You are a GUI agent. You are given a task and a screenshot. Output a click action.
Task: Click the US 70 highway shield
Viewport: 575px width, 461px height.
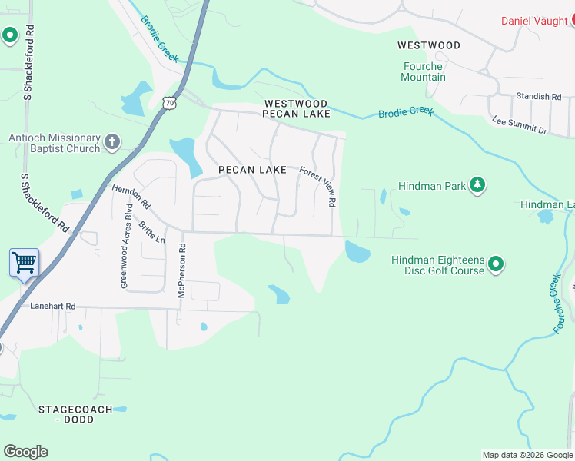(168, 101)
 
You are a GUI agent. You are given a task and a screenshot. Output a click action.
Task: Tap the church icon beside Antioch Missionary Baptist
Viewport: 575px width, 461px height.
(112, 141)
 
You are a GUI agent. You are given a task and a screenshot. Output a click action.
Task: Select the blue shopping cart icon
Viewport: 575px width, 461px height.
(24, 263)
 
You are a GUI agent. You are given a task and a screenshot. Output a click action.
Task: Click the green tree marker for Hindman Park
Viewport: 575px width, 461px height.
(478, 184)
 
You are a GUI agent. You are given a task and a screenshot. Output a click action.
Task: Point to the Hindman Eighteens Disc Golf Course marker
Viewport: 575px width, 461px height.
(496, 265)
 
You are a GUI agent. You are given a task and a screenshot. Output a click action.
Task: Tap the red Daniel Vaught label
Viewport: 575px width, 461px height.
(537, 21)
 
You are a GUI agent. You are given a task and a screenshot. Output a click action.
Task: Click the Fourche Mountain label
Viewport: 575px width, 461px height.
(423, 71)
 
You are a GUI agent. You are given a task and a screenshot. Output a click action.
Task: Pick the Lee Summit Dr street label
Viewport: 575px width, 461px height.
(519, 125)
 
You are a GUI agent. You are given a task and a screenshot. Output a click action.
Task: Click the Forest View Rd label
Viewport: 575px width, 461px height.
(318, 187)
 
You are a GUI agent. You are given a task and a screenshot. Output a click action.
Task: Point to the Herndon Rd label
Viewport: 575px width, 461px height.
(131, 197)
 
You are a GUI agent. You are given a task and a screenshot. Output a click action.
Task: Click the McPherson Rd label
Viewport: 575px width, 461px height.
(182, 270)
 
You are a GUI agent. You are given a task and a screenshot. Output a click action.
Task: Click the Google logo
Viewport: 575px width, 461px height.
(25, 452)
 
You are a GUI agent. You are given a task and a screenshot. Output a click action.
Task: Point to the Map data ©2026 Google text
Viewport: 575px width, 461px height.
(527, 455)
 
